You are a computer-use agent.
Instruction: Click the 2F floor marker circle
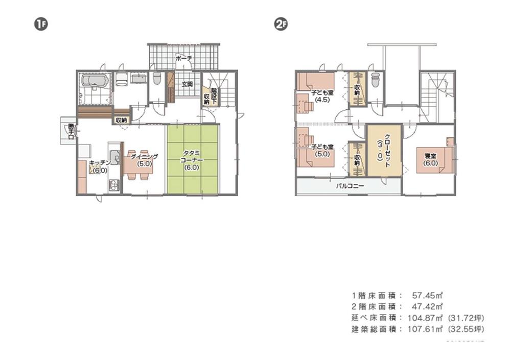(x=280, y=24)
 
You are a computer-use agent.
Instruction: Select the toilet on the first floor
(x=157, y=79)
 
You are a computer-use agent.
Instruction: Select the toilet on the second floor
(x=376, y=80)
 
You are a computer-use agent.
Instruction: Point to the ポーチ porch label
(x=183, y=59)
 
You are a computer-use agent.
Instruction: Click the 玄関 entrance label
(x=186, y=84)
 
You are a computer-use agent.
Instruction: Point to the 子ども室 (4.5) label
(x=322, y=97)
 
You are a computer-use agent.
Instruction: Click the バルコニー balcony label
(x=350, y=186)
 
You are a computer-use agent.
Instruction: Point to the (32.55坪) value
(x=465, y=329)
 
